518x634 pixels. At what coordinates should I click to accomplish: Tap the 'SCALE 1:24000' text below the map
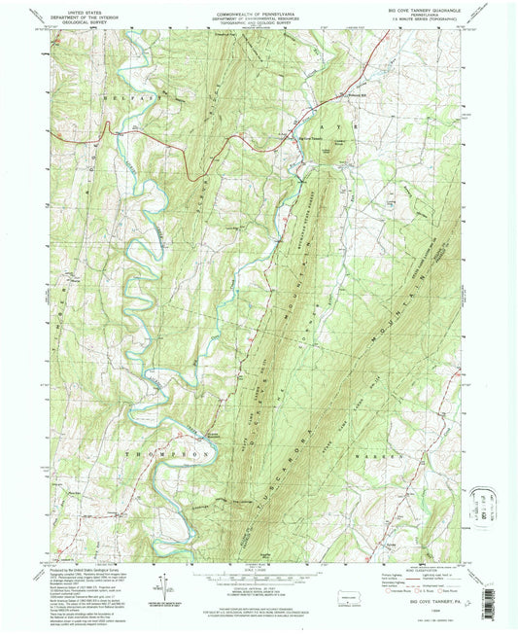[x=258, y=571]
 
